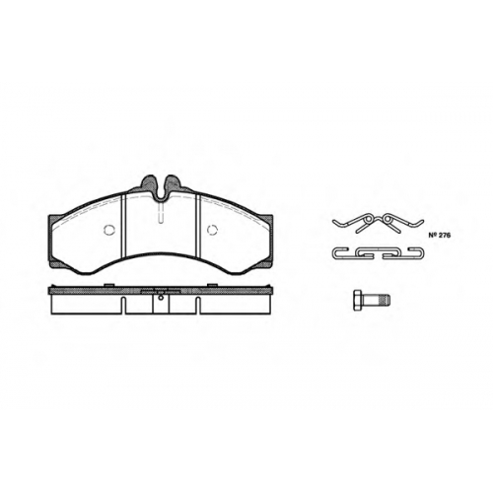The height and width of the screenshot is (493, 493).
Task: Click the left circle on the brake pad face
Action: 108,230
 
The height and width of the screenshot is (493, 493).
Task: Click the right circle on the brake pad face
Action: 213,230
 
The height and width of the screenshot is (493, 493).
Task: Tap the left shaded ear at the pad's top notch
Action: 148,183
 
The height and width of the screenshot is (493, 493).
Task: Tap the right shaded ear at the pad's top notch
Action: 174,183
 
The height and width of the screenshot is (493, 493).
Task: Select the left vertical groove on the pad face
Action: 123,226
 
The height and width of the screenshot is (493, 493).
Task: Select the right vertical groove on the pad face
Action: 198,226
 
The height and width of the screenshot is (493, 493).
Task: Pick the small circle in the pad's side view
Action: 161,298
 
